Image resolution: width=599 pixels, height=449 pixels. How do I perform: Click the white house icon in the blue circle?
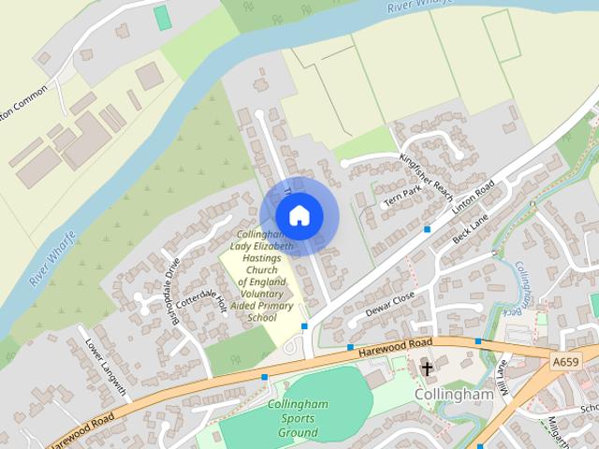(x=298, y=215)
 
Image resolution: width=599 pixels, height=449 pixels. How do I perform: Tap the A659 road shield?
(x=565, y=362)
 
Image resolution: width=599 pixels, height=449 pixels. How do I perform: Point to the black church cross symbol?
(x=427, y=368)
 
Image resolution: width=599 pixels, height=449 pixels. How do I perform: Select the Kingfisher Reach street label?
(x=427, y=169)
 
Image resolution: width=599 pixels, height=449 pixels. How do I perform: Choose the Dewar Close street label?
(x=389, y=303)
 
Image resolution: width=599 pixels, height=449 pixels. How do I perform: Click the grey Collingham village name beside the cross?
(x=453, y=396)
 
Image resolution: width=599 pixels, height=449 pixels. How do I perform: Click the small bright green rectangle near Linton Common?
(x=163, y=17)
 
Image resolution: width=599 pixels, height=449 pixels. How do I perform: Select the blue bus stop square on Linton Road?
(x=428, y=228)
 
